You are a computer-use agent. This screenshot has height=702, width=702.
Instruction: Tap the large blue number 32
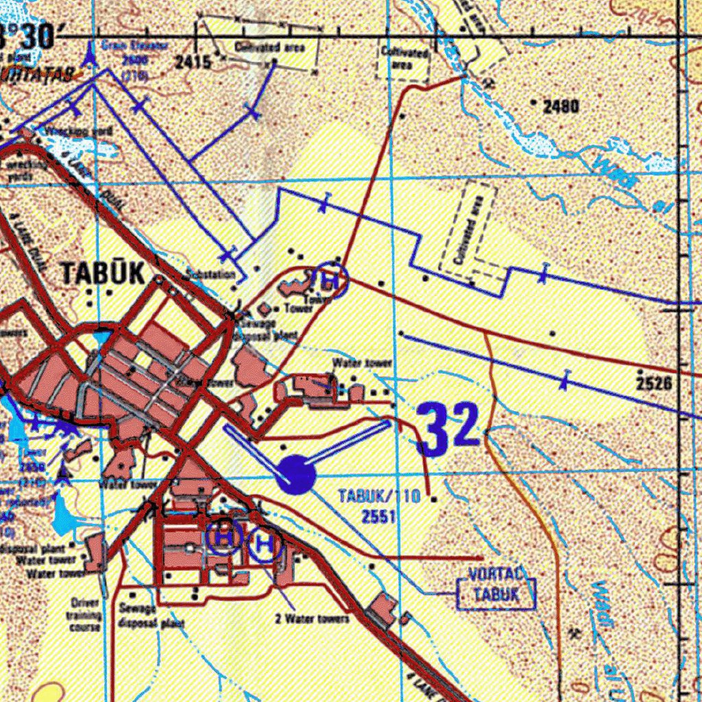449,428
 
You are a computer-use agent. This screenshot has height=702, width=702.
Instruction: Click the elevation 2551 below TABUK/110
379,516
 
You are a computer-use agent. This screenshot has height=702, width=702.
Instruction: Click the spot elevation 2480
561,106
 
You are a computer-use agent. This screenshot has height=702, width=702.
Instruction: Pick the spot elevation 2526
653,383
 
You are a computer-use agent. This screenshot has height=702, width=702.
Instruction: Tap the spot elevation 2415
193,62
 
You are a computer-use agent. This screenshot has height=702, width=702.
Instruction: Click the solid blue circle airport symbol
296,474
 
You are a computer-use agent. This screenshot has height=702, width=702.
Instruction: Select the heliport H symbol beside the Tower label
330,279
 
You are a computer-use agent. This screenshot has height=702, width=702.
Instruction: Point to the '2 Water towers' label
313,619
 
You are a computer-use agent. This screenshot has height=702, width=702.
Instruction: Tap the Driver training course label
85,614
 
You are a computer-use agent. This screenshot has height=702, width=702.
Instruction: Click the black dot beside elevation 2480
535,101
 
